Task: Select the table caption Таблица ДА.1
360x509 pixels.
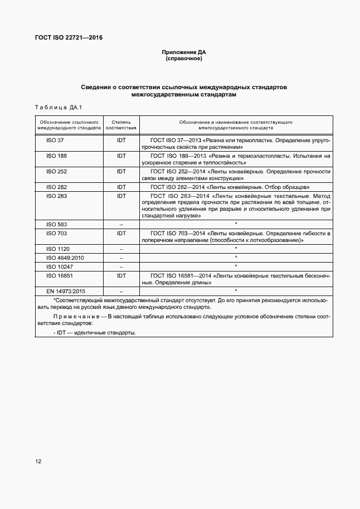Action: point(59,107)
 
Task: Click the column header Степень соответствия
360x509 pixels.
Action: point(121,124)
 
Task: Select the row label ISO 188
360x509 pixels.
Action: point(56,156)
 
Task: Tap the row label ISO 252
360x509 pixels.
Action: point(56,171)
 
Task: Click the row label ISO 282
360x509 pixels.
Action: point(56,187)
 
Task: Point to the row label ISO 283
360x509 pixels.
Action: point(56,196)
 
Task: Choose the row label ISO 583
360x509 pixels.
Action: point(56,224)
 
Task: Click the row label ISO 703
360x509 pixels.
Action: point(56,232)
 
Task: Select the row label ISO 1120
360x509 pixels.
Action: point(58,248)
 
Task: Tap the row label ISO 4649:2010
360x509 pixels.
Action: point(65,257)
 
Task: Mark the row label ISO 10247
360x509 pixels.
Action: point(60,266)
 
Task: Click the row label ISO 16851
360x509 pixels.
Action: point(60,275)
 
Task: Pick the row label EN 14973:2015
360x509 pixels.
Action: point(66,291)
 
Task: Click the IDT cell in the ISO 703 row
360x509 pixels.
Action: point(121,232)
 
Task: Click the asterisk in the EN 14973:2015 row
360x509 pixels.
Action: point(236,291)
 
